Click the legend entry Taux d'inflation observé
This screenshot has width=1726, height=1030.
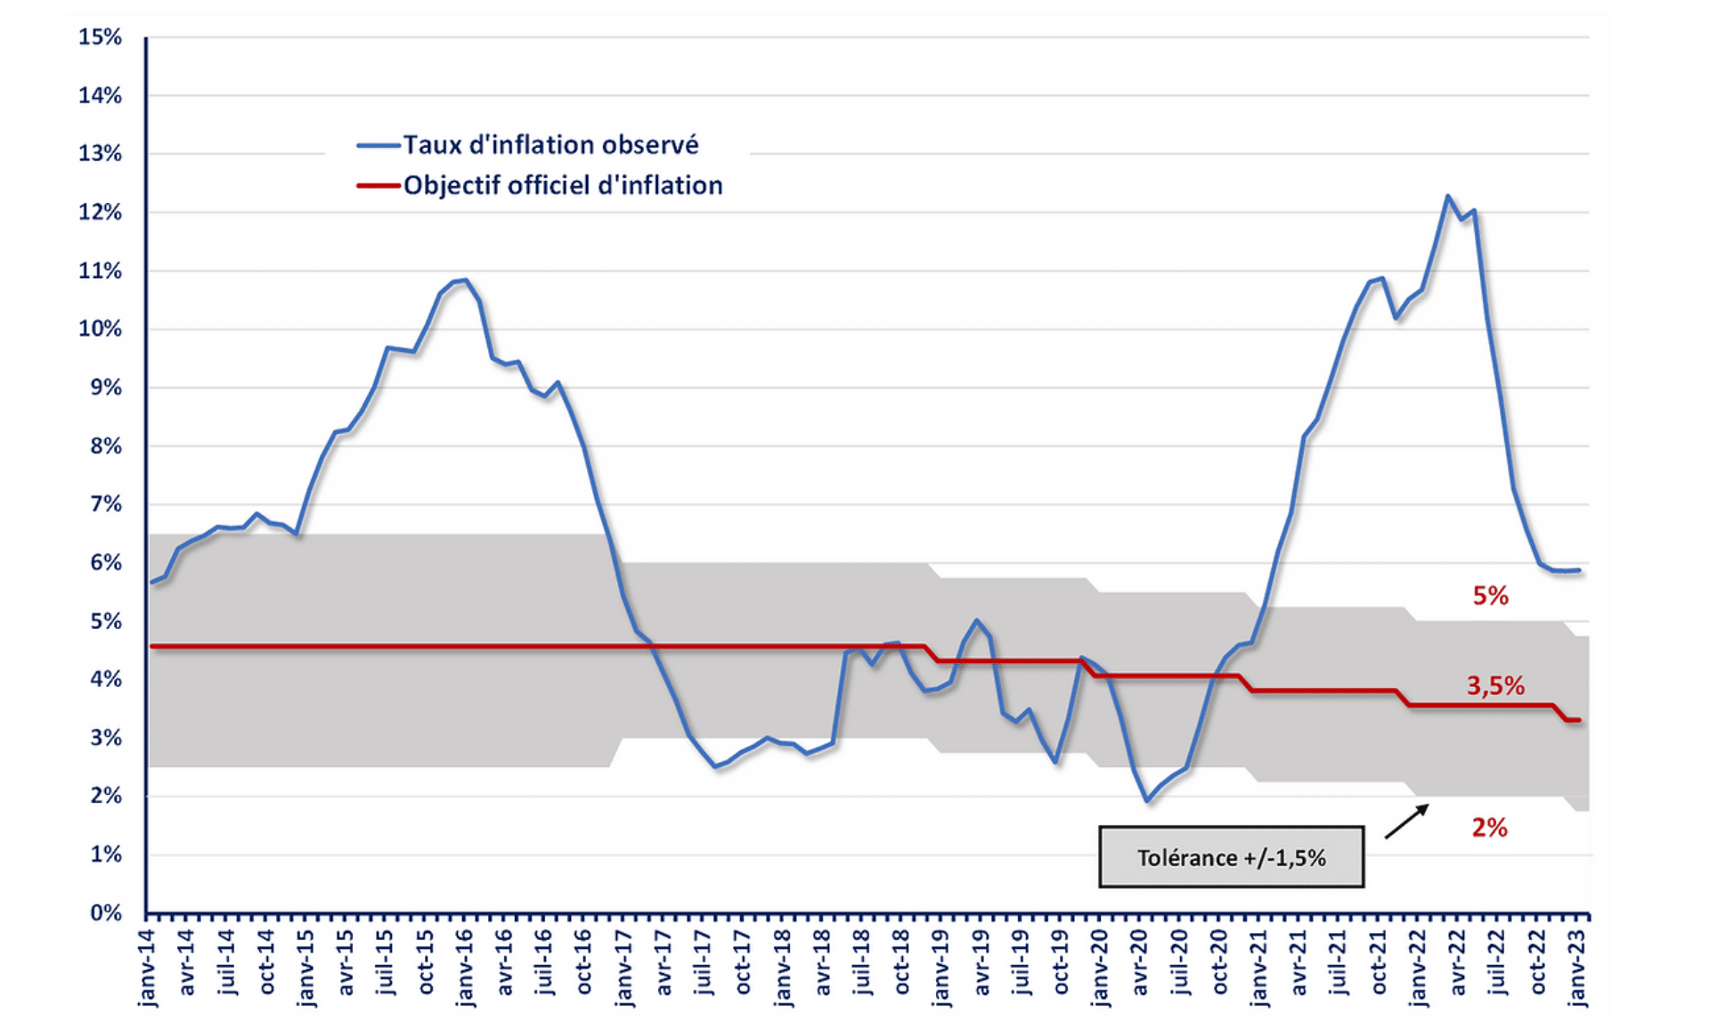[550, 144]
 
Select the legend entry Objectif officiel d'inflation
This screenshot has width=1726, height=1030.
[562, 185]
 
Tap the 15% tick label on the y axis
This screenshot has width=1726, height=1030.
[100, 37]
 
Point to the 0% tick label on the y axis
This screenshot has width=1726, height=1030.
[105, 912]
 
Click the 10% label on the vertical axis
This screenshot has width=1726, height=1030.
[100, 329]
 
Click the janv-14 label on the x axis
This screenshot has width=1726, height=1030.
[148, 968]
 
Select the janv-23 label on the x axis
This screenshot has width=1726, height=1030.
[1577, 968]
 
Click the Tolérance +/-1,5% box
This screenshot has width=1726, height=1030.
[1231, 857]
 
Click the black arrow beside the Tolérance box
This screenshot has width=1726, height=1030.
[1407, 821]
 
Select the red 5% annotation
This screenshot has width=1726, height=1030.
[1490, 596]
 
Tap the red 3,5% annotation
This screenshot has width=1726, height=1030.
[1495, 685]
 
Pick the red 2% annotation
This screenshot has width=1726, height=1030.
[1489, 828]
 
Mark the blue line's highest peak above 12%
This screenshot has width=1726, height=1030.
[1447, 196]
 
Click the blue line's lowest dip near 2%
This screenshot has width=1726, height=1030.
[1147, 801]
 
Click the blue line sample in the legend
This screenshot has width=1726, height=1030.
[378, 145]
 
